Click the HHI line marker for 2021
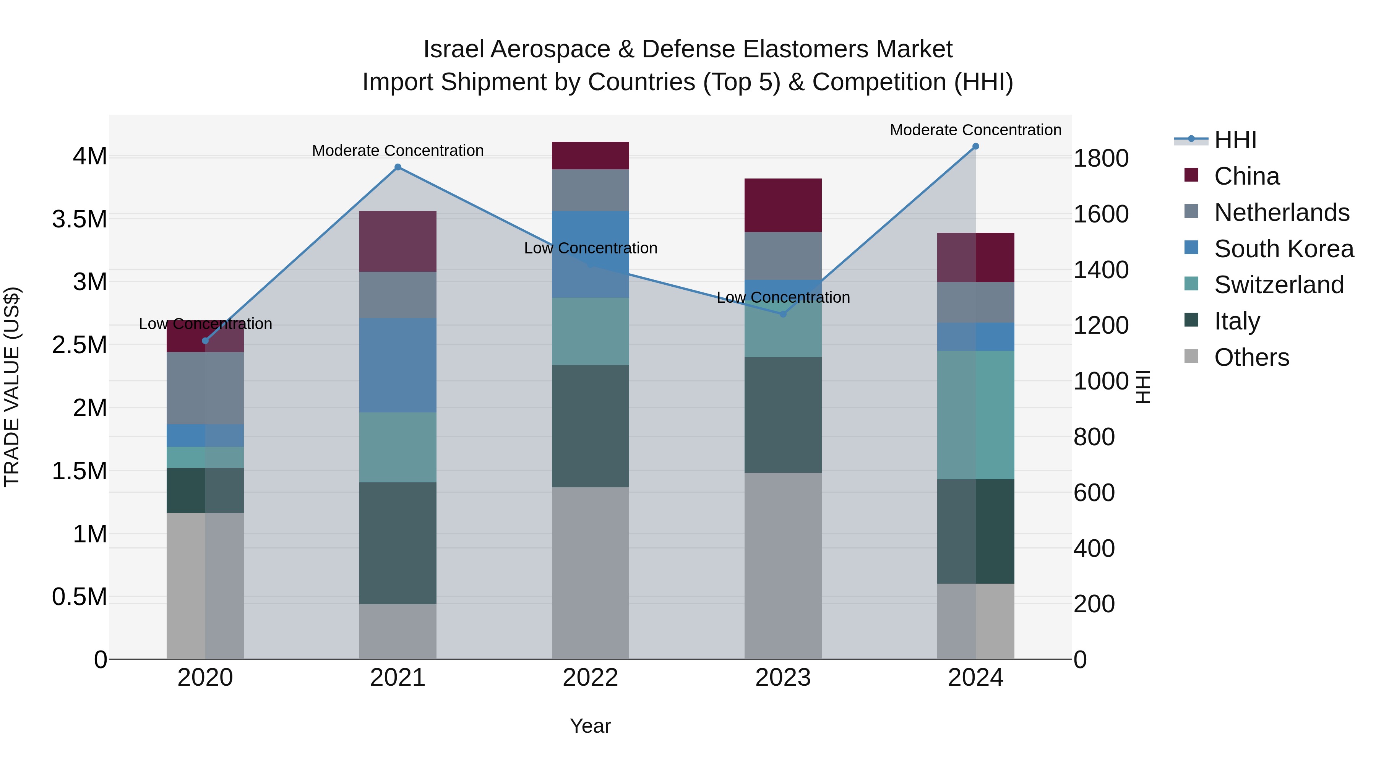coord(398,167)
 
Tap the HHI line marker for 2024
coord(975,146)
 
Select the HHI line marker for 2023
coord(783,314)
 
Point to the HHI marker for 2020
coord(205,341)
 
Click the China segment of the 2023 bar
coord(783,205)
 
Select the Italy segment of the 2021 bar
coord(398,543)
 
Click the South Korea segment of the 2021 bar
coord(398,365)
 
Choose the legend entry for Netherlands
coord(1281,213)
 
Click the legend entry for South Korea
coord(1283,249)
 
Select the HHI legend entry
coord(1235,140)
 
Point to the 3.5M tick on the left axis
coord(80,219)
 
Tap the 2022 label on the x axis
coord(590,678)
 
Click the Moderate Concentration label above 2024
coord(975,130)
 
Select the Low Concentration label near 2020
coord(205,324)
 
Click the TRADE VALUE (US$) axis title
coord(12,387)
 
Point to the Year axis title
coord(590,726)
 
